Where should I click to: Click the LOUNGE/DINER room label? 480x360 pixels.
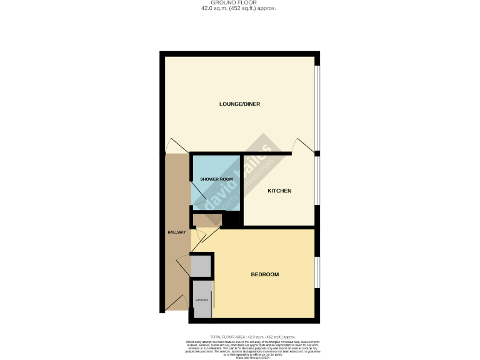[x=239, y=104]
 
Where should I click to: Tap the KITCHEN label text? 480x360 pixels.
[x=279, y=191]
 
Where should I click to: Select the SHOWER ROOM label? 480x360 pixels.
[x=216, y=179]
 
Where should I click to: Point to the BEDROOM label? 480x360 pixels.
[x=264, y=274]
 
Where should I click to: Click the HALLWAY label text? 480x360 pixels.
[x=177, y=232]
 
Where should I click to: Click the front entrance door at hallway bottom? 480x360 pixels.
[x=177, y=302]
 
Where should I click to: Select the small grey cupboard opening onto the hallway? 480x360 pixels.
[x=201, y=266]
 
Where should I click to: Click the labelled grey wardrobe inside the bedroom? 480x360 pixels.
[x=203, y=301]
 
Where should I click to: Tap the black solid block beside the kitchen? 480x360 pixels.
[x=233, y=219]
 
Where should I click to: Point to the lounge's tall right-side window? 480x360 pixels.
[x=317, y=106]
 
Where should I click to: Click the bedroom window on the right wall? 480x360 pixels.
[x=317, y=272]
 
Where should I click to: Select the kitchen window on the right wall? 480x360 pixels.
[x=317, y=181]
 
